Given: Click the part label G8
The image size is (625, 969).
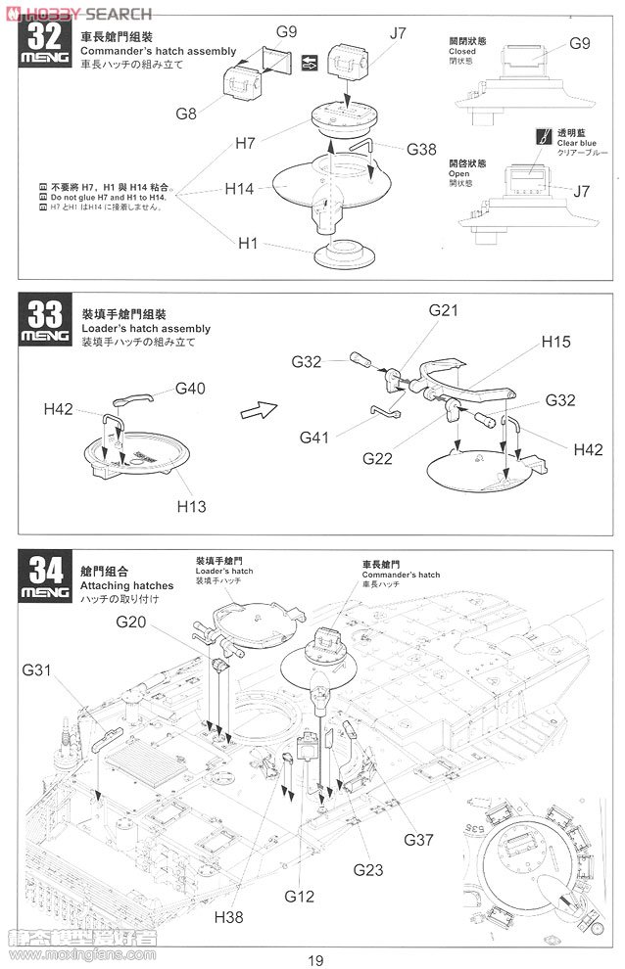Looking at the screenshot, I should [x=186, y=113].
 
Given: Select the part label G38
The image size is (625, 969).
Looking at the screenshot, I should [x=419, y=149].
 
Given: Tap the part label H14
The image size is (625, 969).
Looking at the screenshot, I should [x=241, y=188].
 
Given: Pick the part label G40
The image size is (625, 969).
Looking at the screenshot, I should [x=191, y=389].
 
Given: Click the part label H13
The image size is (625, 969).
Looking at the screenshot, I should [x=193, y=506].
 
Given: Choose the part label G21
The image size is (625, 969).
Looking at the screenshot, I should [x=444, y=310].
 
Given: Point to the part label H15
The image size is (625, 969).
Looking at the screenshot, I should [x=557, y=343].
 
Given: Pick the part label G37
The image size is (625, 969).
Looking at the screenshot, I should [x=418, y=839].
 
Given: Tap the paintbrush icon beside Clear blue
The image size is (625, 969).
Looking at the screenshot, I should [x=542, y=136].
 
